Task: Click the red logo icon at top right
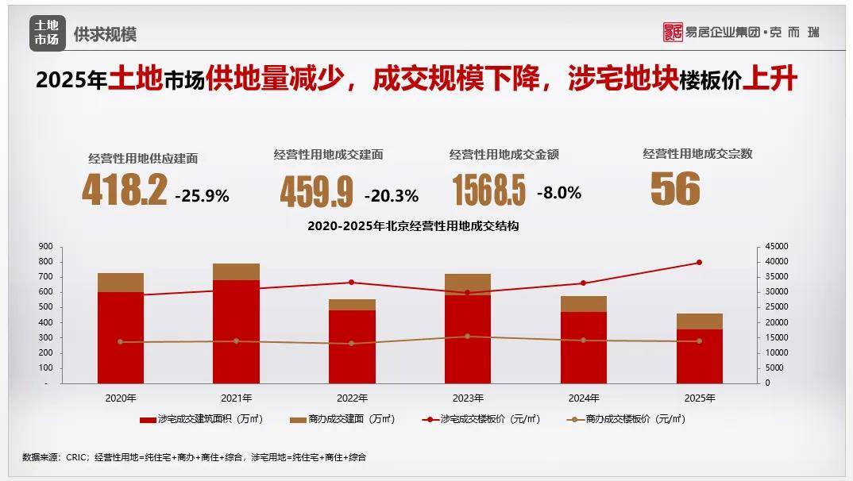673,32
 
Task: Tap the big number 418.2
125,191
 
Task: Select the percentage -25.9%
202,195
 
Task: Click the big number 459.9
316,192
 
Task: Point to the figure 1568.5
489,191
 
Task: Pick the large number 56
675,189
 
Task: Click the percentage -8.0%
559,192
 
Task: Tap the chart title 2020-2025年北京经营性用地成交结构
413,226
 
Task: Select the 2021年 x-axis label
237,398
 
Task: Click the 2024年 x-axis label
584,398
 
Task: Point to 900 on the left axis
45,246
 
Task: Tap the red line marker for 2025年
699,262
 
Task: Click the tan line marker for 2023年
467,337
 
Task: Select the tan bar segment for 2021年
237,271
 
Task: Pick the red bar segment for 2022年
352,346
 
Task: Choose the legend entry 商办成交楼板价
627,419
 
